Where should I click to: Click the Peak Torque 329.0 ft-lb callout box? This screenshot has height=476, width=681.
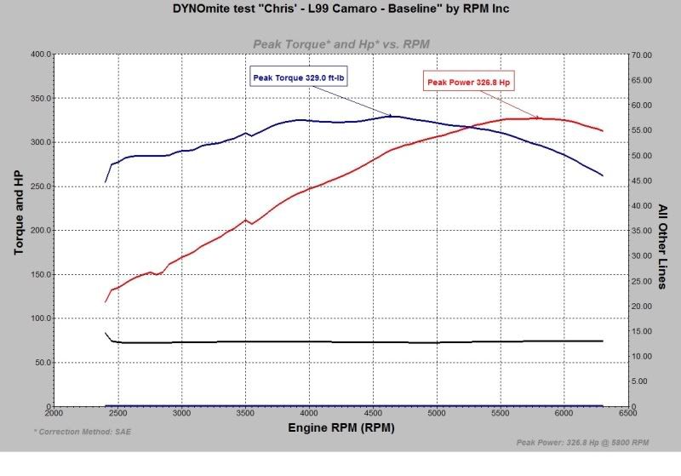(302, 77)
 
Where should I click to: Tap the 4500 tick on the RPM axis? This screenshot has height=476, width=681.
(373, 413)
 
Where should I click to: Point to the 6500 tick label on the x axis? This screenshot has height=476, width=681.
(627, 413)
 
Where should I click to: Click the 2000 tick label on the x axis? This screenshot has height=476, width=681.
(54, 413)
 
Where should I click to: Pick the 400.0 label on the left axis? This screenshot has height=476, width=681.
(38, 54)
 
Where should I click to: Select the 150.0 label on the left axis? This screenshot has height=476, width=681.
(38, 274)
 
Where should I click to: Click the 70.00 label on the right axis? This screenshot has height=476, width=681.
(641, 54)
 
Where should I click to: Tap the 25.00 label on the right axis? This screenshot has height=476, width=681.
(641, 281)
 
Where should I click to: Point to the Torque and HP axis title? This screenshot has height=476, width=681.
(18, 212)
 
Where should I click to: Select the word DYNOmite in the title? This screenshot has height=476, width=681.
(199, 9)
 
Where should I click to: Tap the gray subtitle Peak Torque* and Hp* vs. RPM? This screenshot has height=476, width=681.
(340, 43)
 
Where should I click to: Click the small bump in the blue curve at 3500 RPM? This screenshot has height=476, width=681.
(245, 133)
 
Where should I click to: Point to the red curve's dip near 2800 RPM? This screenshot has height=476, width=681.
(158, 274)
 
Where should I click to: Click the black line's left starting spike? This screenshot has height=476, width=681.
(106, 334)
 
